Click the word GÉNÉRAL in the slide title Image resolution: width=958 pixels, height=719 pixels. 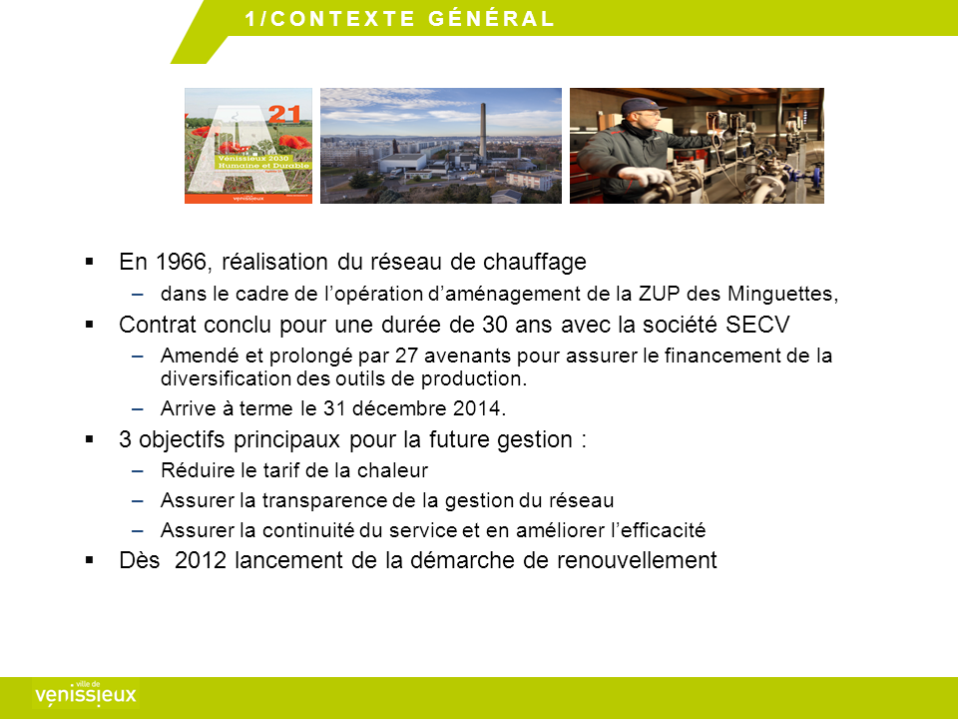(x=491, y=18)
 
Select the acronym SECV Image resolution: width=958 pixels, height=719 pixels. (x=757, y=324)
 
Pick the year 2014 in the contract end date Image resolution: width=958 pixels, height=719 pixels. (x=479, y=407)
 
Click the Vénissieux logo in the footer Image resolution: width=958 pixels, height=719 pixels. (x=86, y=693)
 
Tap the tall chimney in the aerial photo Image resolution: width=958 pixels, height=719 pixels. (x=483, y=132)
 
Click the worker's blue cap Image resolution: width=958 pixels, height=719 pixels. (x=640, y=106)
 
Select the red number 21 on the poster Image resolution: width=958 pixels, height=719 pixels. (x=284, y=114)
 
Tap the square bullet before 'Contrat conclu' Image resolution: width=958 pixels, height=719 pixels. (x=90, y=324)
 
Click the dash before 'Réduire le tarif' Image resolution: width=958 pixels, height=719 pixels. (x=138, y=470)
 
